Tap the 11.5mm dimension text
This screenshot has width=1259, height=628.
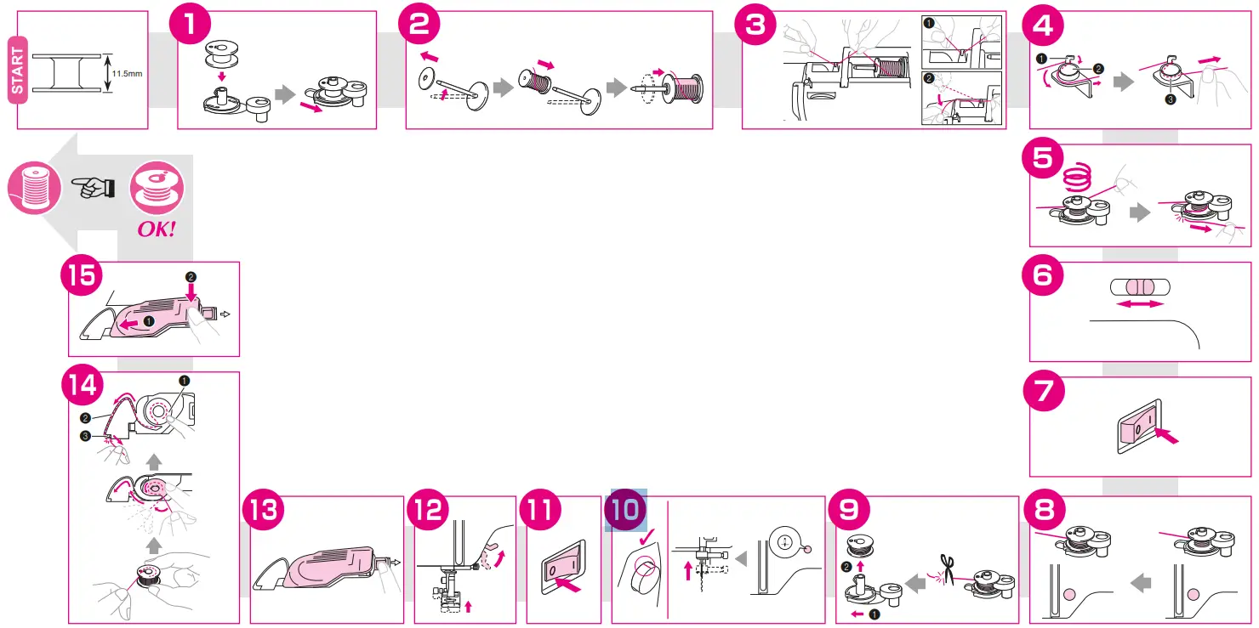point(126,73)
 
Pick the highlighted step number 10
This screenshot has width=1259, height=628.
point(625,510)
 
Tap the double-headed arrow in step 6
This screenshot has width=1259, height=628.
point(1140,303)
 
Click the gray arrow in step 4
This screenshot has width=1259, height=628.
point(1124,83)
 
